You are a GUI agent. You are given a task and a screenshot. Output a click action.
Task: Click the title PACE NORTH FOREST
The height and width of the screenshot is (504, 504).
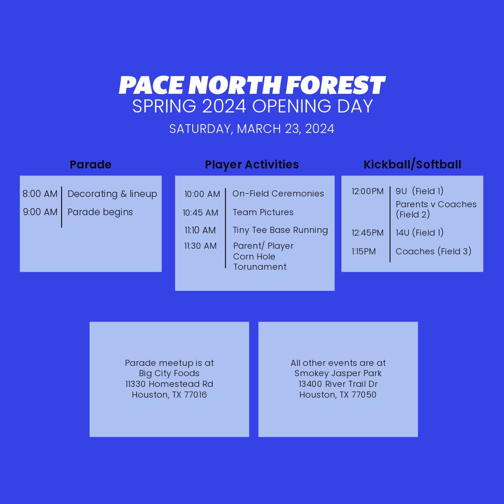252,85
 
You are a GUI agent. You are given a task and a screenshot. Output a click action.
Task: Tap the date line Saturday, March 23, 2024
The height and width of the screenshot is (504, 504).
252,129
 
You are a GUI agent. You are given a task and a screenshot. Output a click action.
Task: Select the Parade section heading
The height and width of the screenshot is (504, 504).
91,165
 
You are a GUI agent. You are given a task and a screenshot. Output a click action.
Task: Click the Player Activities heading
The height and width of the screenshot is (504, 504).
252,165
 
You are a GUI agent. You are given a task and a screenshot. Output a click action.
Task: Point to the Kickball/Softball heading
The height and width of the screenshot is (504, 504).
412,165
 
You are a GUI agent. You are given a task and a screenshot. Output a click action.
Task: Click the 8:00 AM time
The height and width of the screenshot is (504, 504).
40,194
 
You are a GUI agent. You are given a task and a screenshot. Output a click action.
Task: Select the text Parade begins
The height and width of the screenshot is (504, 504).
100,212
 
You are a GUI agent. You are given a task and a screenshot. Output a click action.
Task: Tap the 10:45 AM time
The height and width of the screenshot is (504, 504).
201,213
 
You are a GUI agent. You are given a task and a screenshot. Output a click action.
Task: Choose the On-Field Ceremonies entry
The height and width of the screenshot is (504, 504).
278,194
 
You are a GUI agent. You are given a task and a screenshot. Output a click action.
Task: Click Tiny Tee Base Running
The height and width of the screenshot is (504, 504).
280,230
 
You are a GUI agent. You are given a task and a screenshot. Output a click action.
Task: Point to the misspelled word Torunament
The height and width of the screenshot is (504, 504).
260,267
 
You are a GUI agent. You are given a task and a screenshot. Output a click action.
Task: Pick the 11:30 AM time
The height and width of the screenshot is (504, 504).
201,246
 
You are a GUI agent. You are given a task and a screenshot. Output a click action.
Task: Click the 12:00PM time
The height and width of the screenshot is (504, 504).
368,191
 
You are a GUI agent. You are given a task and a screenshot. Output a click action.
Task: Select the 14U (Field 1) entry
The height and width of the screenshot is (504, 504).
420,233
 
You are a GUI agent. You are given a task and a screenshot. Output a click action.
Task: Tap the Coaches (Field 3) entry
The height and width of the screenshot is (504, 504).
434,252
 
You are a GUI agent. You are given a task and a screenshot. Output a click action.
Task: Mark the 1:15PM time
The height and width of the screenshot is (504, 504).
364,252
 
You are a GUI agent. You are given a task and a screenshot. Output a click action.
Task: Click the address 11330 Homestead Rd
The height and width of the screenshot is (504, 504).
169,384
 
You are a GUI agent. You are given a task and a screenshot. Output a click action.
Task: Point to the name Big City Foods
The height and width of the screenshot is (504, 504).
169,373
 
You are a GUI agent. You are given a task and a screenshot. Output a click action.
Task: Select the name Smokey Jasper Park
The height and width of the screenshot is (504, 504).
338,373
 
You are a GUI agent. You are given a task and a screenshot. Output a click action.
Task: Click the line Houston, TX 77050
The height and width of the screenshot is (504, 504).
338,395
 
